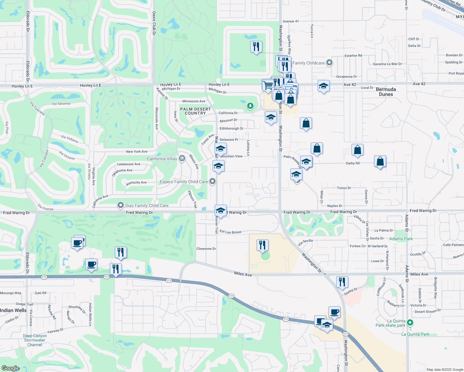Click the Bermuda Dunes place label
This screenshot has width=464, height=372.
(x=386, y=92)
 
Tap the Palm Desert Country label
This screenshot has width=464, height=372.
(x=195, y=111)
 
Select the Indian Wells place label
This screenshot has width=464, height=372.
(x=13, y=310)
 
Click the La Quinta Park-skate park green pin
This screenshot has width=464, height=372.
(x=410, y=323)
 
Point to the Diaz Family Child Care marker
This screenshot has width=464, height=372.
(x=120, y=205)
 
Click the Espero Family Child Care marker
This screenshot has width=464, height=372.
(x=212, y=181)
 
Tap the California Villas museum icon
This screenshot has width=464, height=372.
(x=182, y=158)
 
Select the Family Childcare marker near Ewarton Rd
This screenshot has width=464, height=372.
(x=329, y=63)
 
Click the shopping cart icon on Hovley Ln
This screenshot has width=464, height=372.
(x=268, y=85)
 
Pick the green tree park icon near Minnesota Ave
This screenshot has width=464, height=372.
(x=250, y=106)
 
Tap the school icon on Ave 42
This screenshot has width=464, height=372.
(x=323, y=86)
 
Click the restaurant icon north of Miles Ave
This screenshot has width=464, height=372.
(x=262, y=245)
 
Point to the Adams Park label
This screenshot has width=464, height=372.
(x=401, y=239)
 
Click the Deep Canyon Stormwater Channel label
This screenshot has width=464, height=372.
(x=35, y=340)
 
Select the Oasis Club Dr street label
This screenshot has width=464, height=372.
(x=154, y=23)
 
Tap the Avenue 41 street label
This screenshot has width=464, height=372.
(x=291, y=21)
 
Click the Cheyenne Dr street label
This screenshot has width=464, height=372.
(x=206, y=249)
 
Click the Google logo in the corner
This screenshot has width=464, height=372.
(x=11, y=368)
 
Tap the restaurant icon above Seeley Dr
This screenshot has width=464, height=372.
(x=342, y=282)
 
